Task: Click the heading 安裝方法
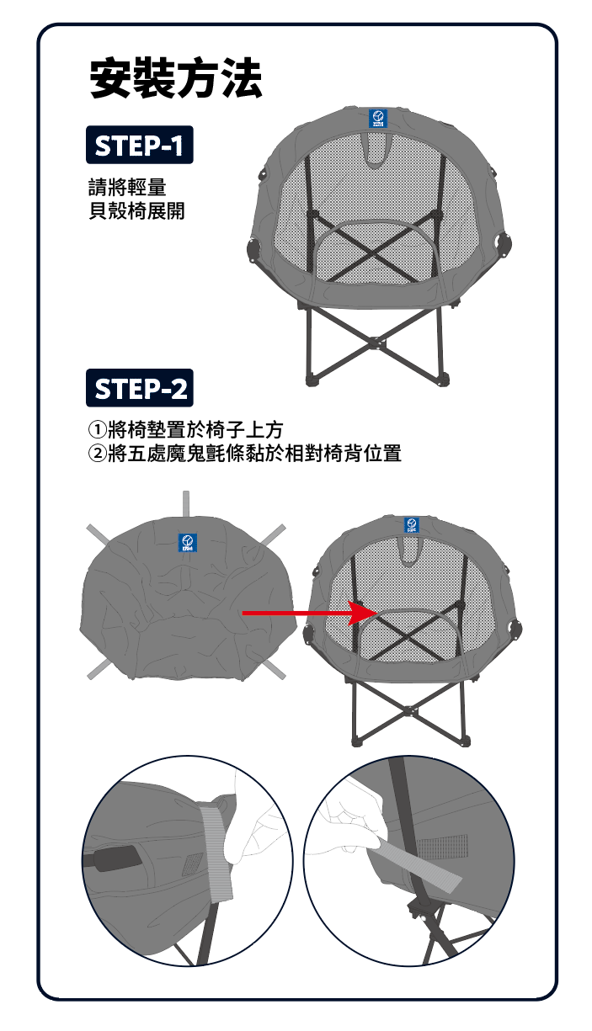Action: tap(176, 78)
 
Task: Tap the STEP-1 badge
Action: tap(140, 145)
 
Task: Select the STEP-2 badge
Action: tap(140, 387)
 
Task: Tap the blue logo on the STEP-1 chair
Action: tap(379, 119)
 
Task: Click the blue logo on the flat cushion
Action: tap(188, 543)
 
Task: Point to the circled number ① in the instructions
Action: tap(97, 430)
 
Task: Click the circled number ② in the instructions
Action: tap(97, 454)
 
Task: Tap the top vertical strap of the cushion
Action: tap(186, 504)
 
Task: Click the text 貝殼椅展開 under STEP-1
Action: tap(136, 210)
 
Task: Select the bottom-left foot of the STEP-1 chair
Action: tap(312, 380)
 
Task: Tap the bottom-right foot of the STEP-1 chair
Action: tap(443, 380)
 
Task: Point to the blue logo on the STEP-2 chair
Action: tap(412, 524)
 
